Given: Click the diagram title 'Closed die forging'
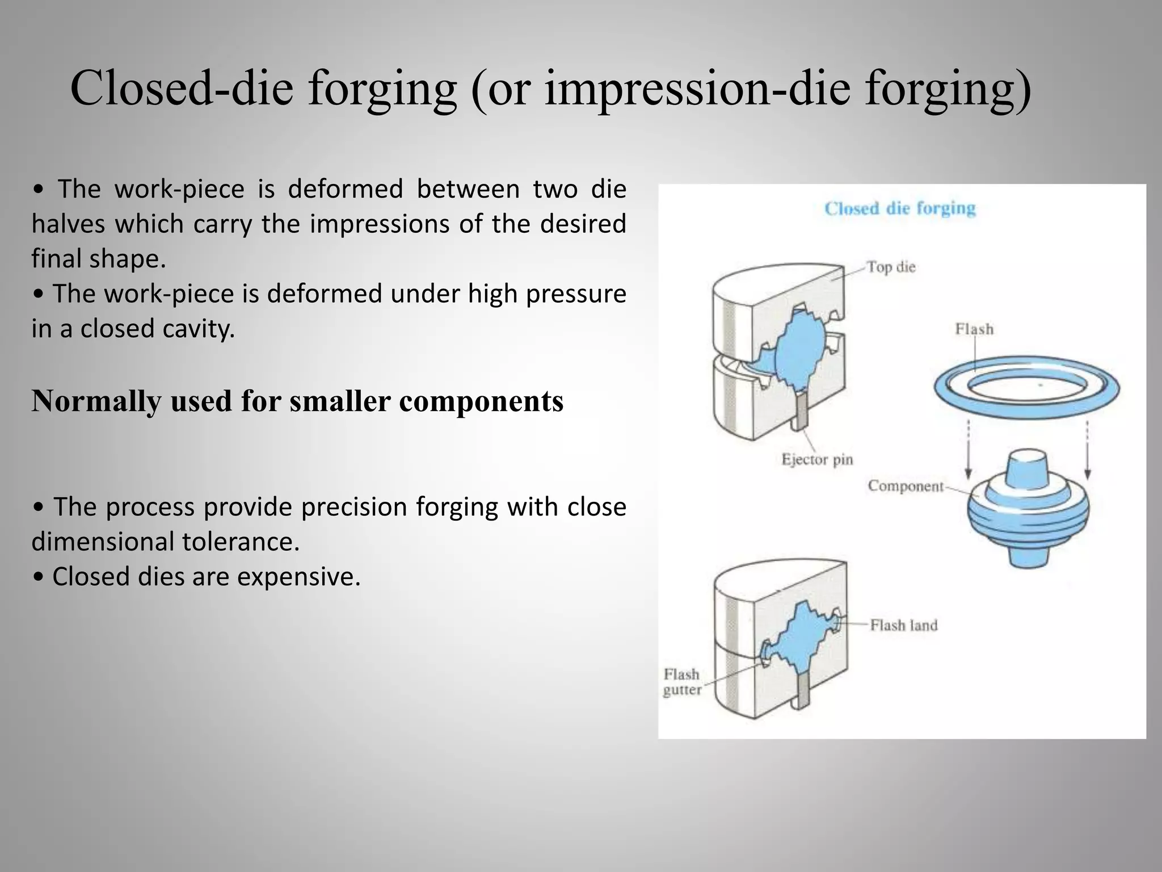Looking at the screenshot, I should click(x=900, y=208).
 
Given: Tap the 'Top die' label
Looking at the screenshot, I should click(x=891, y=267).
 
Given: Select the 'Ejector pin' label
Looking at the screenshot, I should click(x=817, y=459).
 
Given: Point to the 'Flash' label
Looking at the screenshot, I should click(x=974, y=329).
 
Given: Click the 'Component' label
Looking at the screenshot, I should click(x=906, y=486).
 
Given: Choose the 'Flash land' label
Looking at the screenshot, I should click(x=904, y=625).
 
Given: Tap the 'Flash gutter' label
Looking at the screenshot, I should click(x=682, y=682).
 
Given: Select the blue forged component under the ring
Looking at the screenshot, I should click(x=1028, y=511).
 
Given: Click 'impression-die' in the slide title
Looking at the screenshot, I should click(x=697, y=88).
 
